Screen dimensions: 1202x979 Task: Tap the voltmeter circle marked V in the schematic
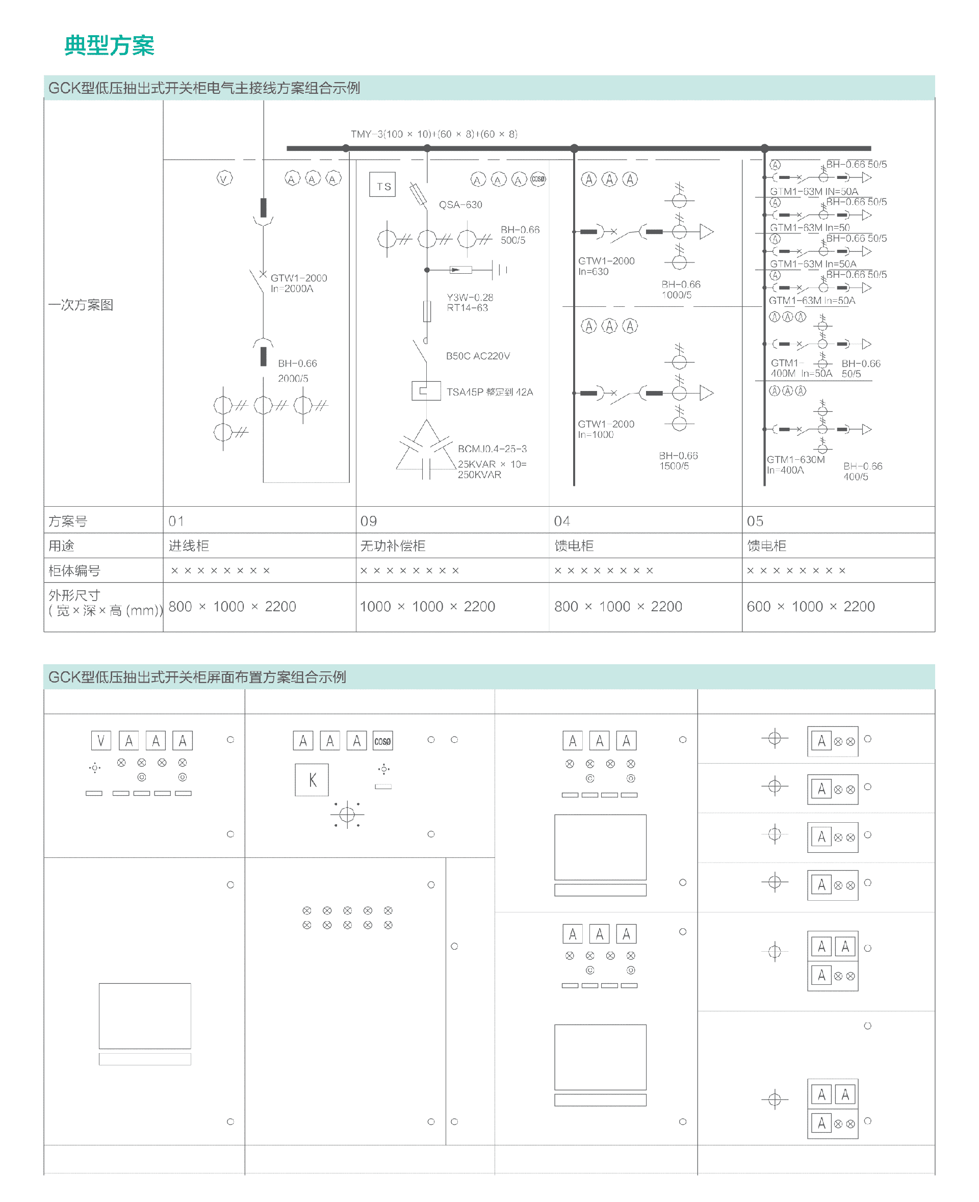coord(224,179)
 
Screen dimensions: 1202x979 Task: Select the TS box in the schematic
coord(383,185)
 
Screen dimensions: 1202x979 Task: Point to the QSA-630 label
coord(460,204)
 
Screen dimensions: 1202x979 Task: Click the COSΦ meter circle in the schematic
coord(538,179)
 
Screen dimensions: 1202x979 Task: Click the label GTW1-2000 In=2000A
coord(298,283)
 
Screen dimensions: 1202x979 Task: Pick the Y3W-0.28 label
coord(470,297)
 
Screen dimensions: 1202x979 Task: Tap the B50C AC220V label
coord(478,356)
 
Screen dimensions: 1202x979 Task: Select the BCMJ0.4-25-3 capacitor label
coord(492,449)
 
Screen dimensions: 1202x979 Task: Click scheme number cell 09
coord(369,521)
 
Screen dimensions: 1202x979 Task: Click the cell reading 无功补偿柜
coord(393,546)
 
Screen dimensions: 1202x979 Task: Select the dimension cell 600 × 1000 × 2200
coord(810,607)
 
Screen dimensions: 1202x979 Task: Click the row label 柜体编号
coord(74,570)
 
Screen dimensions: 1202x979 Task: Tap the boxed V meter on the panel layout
coord(101,740)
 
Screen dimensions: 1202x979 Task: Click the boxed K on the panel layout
coord(312,780)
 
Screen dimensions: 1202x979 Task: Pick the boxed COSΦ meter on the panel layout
coord(382,741)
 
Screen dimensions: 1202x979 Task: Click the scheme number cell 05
coord(755,521)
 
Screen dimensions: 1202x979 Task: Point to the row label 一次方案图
coord(81,305)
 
